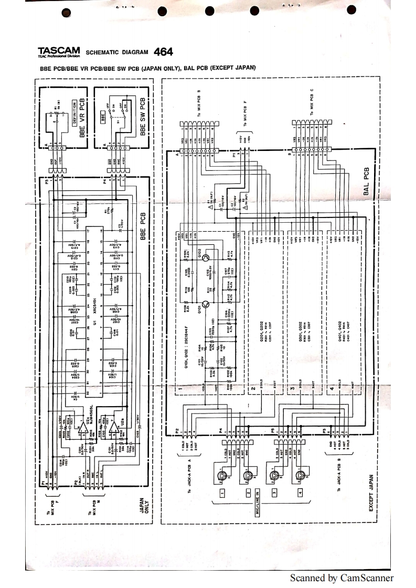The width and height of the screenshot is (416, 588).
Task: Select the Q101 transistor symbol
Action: click(x=206, y=304)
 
